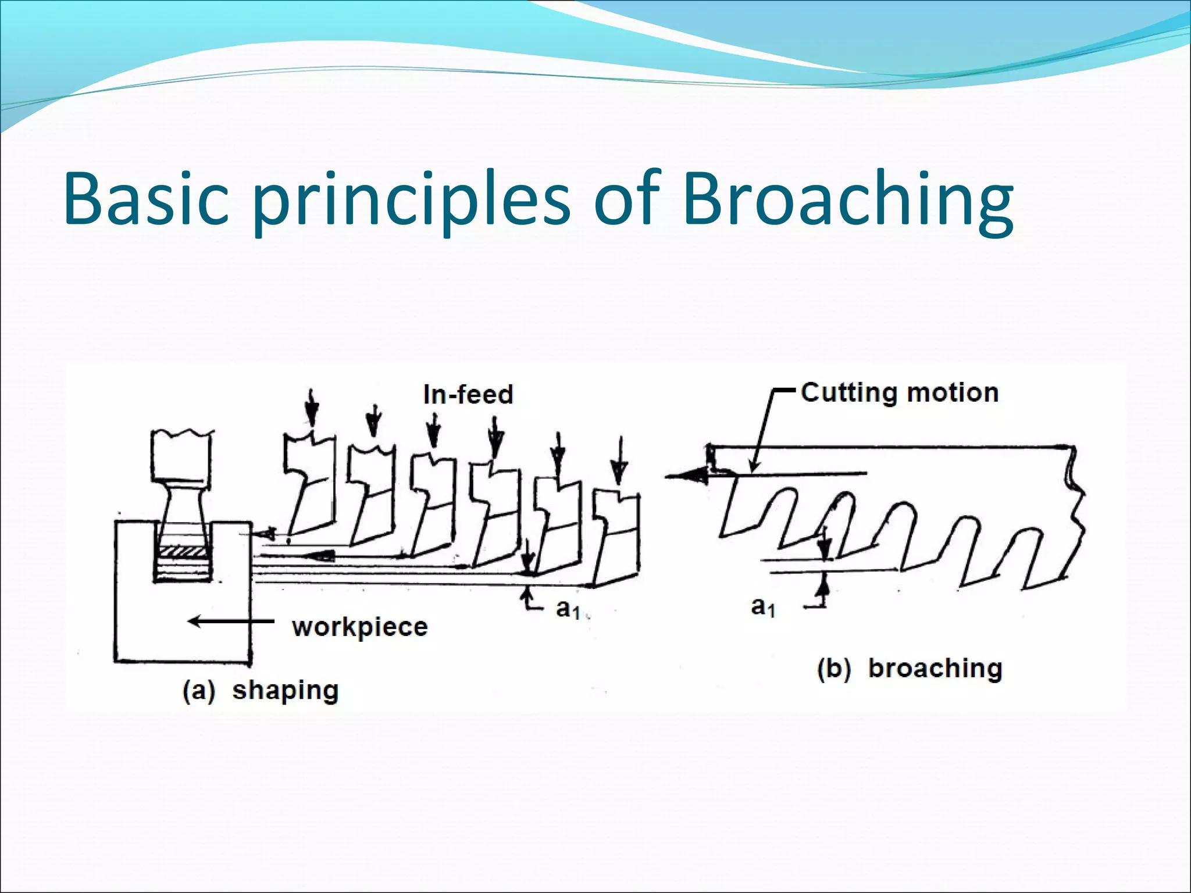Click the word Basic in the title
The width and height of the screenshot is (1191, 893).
pyautogui.click(x=145, y=199)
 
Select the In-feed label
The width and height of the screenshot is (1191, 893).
pyautogui.click(x=468, y=395)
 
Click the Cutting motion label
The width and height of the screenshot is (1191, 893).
pyautogui.click(x=899, y=392)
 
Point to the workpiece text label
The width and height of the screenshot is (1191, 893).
pyautogui.click(x=360, y=627)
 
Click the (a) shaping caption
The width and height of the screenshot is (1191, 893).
pyautogui.click(x=260, y=691)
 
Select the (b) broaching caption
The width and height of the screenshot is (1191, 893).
pyautogui.click(x=910, y=669)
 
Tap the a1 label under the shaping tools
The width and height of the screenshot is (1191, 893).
pyautogui.click(x=568, y=609)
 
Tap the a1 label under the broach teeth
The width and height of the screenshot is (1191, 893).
pyautogui.click(x=763, y=607)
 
